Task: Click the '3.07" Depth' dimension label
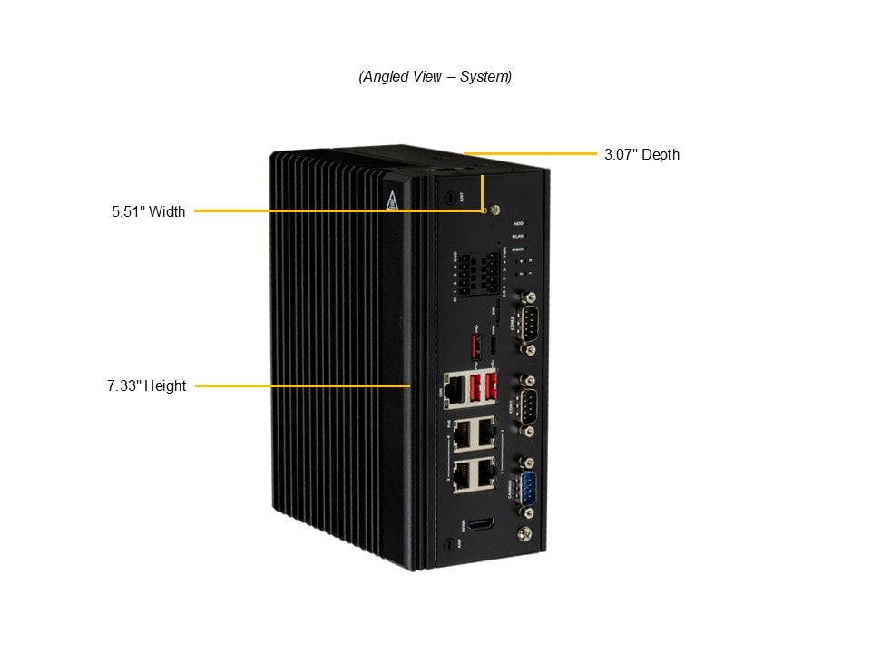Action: click(x=641, y=154)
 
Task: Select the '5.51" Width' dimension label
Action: click(x=148, y=212)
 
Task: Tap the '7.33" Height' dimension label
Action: click(x=146, y=386)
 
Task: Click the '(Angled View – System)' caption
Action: click(x=435, y=77)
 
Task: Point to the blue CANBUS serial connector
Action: click(x=526, y=490)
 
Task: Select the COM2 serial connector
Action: click(x=526, y=322)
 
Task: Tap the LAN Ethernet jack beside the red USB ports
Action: click(x=456, y=388)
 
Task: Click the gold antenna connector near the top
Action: click(x=494, y=210)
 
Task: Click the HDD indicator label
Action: click(x=519, y=223)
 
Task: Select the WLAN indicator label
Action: click(x=519, y=235)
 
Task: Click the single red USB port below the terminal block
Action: click(x=473, y=346)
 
